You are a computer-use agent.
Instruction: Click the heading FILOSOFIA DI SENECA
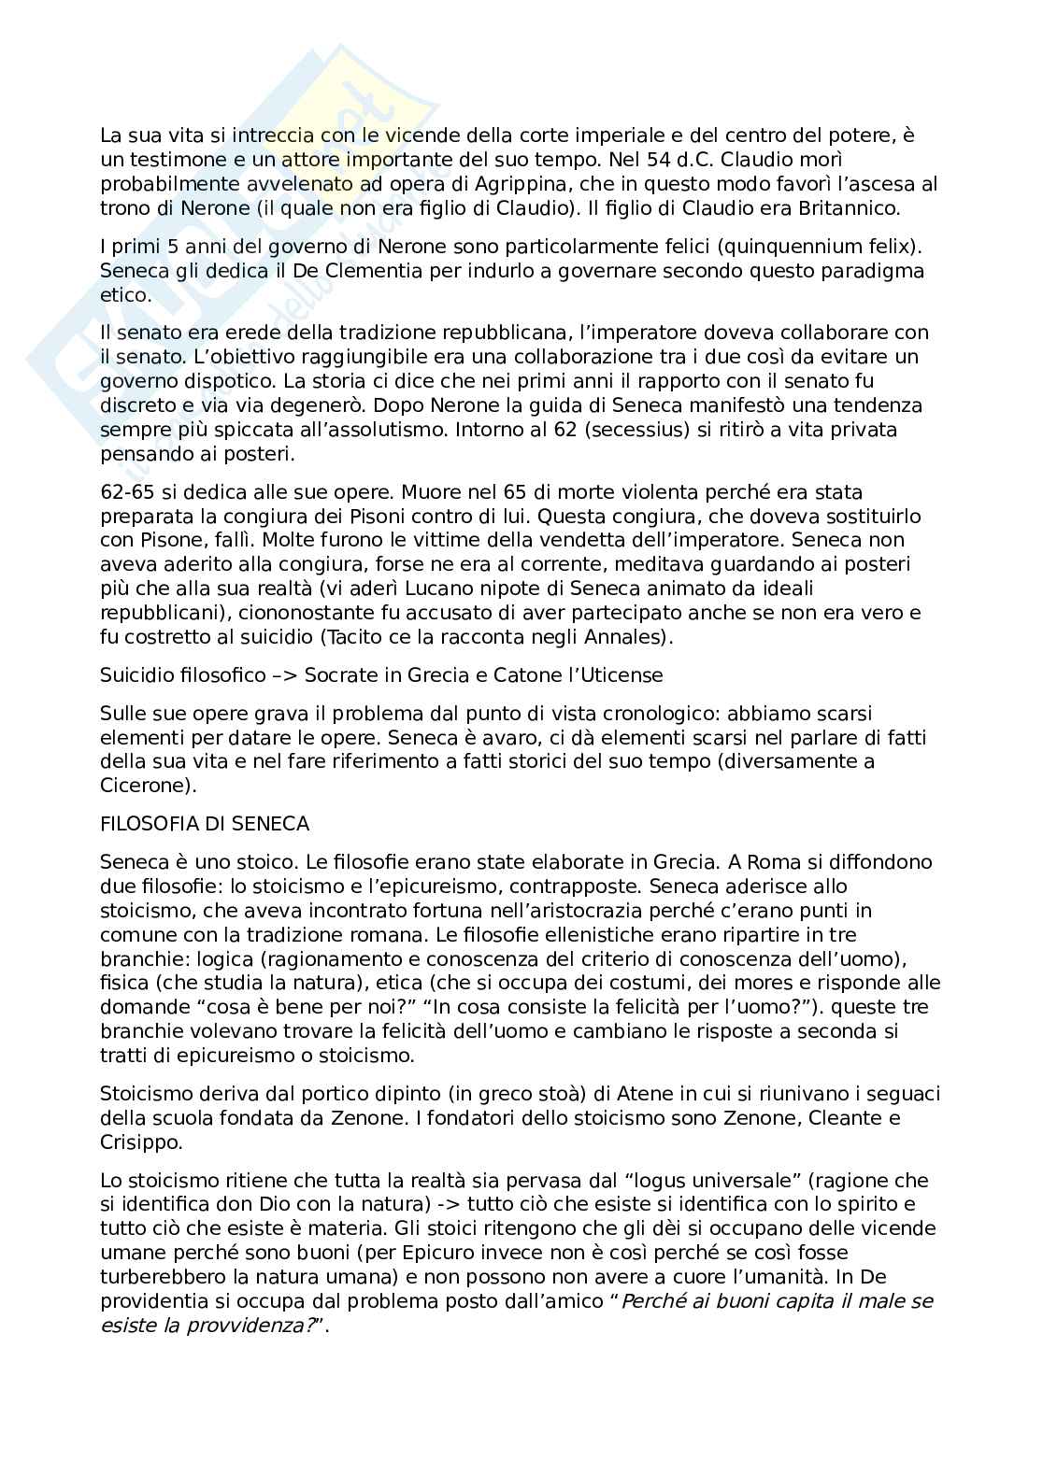[x=205, y=824]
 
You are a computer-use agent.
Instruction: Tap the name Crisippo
[x=140, y=1142]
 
